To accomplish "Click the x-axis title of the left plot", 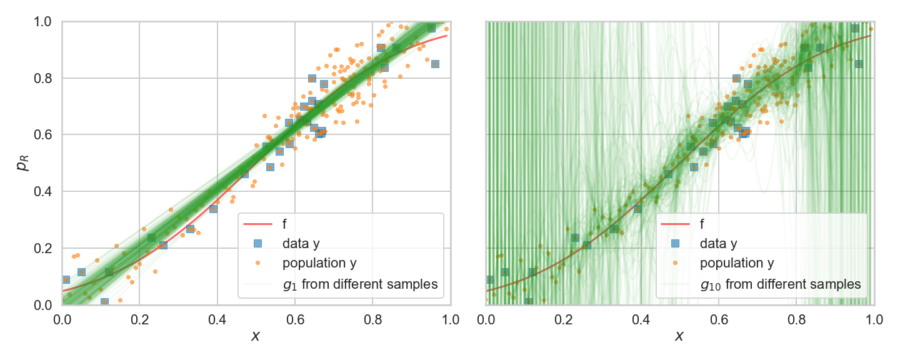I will coord(256,336).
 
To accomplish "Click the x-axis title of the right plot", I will coord(679,336).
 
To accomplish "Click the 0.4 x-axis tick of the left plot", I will coord(217,320).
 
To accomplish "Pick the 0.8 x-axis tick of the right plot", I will coord(796,320).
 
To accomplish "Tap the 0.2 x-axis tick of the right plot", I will coord(563,320).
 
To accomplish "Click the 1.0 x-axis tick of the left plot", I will coord(450,320).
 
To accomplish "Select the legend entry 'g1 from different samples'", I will coord(360,284).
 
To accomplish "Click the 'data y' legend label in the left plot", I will coord(300,242).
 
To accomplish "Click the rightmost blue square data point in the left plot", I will coord(435,64).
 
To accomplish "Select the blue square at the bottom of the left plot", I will coord(104,302).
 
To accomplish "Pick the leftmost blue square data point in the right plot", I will coord(489,279).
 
